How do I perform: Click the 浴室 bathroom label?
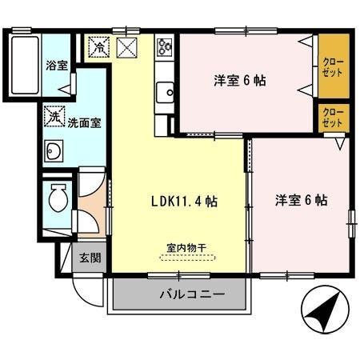coord(56,65)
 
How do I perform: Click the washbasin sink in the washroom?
coord(55,150)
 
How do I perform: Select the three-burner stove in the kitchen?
coord(166,46)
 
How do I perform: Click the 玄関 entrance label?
coord(90,258)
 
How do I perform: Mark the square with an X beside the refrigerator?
coord(128,47)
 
